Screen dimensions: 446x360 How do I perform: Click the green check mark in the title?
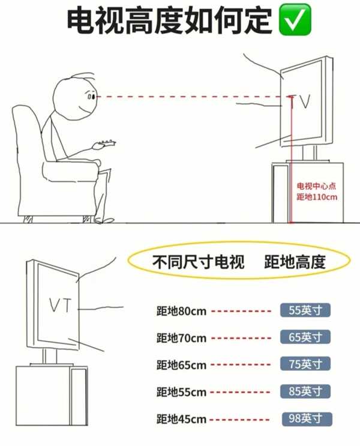click(295, 21)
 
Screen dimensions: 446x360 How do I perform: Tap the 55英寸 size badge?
click(305, 311)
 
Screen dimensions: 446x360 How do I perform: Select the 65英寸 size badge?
click(305, 337)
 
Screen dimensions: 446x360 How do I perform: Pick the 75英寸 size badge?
click(305, 364)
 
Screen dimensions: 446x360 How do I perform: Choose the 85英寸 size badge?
click(305, 391)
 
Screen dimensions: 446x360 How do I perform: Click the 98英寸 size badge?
click(305, 418)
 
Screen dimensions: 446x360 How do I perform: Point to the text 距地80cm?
click(181, 312)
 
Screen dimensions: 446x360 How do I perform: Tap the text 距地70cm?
click(181, 338)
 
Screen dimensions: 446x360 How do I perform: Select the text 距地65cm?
click(181, 365)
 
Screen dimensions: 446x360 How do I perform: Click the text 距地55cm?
click(181, 392)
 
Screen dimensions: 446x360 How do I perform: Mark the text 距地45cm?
click(181, 419)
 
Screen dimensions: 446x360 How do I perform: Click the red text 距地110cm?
click(316, 197)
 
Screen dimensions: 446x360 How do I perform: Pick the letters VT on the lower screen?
click(60, 306)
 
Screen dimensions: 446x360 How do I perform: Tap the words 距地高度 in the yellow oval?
click(294, 262)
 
